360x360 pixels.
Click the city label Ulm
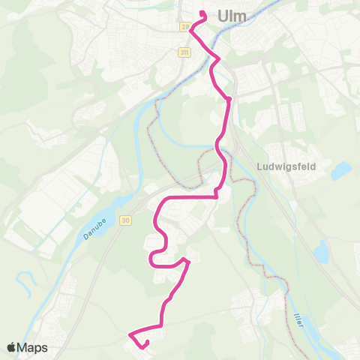(x=232, y=15)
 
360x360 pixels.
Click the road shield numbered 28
(x=184, y=27)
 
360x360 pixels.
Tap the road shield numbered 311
(x=184, y=52)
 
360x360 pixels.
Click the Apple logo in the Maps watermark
(x=12, y=347)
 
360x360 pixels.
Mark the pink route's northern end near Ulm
(x=202, y=13)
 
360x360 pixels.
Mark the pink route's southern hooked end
(x=144, y=345)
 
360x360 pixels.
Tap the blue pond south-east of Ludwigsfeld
(x=322, y=253)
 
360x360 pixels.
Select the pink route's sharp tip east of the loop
(x=187, y=261)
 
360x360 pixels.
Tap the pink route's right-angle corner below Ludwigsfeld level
(x=216, y=196)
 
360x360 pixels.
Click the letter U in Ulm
(x=223, y=15)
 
